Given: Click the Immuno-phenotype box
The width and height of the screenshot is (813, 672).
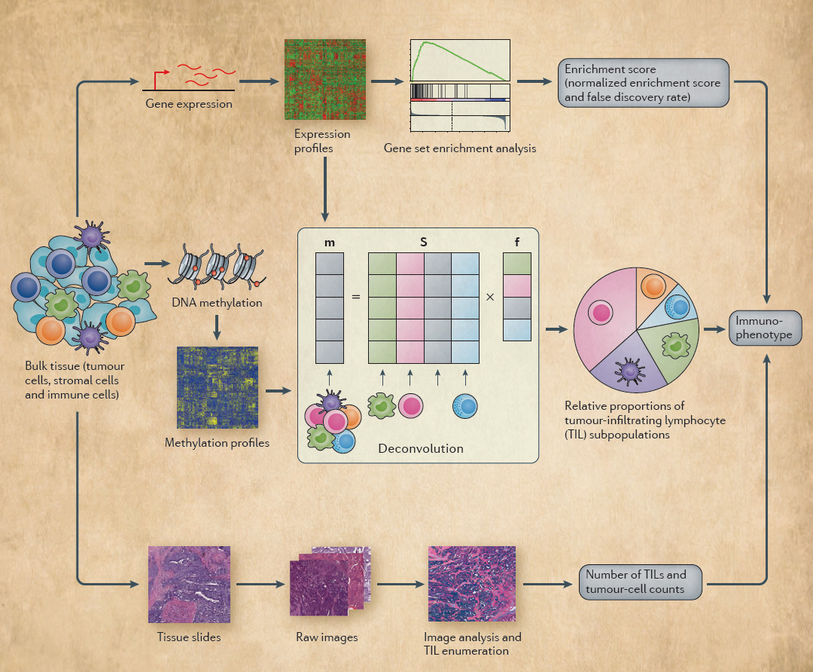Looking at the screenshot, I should (x=766, y=328).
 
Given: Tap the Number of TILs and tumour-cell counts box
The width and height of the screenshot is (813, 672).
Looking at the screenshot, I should (x=642, y=582).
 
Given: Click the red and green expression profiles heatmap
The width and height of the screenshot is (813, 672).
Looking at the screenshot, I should (x=325, y=79).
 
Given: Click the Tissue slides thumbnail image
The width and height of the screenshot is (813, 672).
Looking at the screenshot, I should (x=189, y=584).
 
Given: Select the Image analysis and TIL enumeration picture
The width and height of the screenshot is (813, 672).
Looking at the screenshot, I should (x=472, y=585).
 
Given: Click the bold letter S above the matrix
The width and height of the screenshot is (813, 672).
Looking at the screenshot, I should (x=423, y=243).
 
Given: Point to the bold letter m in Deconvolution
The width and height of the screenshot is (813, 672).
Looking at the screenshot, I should (x=330, y=243).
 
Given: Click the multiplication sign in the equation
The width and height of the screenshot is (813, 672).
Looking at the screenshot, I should (x=490, y=297).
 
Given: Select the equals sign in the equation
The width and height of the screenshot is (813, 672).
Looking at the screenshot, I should (x=356, y=297).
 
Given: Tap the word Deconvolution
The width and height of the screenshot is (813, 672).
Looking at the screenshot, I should (x=421, y=448).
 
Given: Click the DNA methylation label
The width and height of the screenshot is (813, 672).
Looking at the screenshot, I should (x=217, y=303).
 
